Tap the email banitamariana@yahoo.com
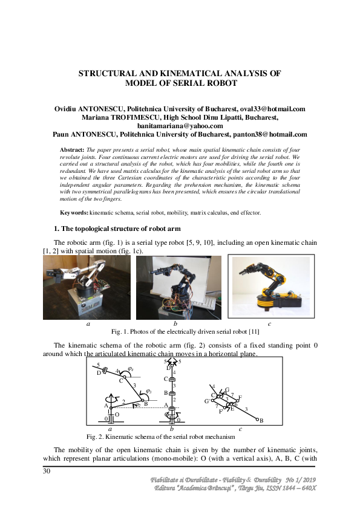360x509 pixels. point(180,126)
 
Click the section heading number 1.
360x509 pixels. point(56,229)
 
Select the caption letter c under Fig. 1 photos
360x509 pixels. point(269,324)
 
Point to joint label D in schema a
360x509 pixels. point(98,372)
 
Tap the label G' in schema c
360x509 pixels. point(207,401)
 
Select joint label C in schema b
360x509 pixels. point(166,378)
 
